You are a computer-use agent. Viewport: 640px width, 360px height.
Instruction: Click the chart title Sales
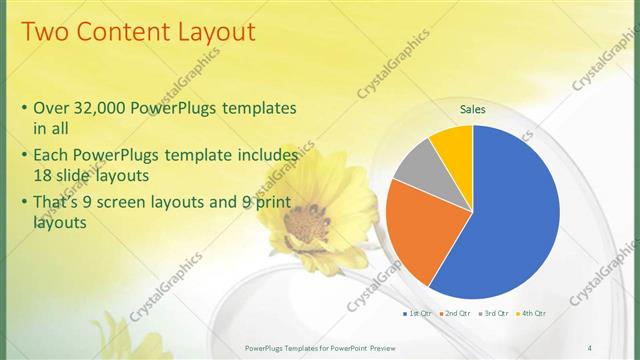point(473,110)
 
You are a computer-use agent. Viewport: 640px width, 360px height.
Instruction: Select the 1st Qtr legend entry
point(419,314)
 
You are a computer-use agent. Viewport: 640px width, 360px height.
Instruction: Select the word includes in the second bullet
point(265,156)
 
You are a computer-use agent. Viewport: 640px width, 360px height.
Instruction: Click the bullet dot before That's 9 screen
point(24,204)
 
